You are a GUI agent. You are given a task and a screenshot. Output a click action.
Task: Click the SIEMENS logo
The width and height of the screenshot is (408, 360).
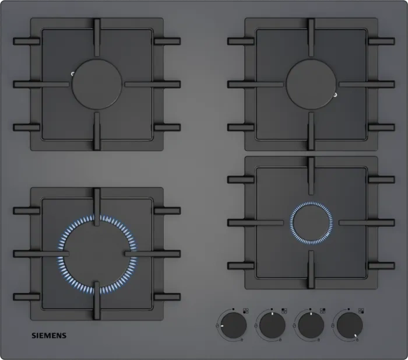point(49,335)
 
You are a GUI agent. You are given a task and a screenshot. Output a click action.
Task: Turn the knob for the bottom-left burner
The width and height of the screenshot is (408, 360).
point(234,326)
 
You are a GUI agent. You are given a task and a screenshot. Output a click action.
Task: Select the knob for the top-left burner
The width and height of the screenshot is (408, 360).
point(272,326)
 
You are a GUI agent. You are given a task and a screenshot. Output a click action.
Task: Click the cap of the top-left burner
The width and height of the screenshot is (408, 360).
point(97,84)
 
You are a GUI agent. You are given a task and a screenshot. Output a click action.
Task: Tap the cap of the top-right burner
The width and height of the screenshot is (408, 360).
point(311,84)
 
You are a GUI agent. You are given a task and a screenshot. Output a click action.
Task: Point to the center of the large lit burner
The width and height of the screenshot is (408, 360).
point(97,254)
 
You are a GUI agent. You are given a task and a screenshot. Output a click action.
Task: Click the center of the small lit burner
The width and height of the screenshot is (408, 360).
point(311,223)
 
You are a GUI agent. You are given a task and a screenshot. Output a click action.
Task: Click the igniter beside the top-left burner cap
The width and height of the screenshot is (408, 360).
point(73,74)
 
